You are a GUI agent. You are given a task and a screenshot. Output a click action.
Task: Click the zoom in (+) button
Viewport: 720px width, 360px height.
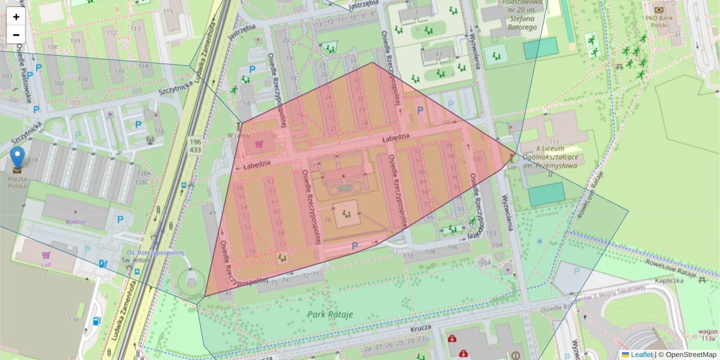[x=16, y=17]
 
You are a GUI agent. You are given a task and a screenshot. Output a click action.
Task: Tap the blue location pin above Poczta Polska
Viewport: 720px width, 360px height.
[x=18, y=157]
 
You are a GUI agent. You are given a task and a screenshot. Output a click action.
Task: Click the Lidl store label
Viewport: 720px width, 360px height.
[x=46, y=264]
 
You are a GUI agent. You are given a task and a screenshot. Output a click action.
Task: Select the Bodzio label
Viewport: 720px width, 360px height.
[x=76, y=221]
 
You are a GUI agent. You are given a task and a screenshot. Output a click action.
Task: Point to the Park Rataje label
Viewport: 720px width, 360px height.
[x=330, y=314]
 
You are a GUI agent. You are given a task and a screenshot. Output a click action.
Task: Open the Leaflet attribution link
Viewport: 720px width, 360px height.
[x=641, y=355]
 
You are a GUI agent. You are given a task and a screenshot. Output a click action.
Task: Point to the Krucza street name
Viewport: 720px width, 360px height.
[x=422, y=329]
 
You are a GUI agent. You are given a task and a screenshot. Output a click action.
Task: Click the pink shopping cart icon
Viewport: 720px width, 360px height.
[x=259, y=144]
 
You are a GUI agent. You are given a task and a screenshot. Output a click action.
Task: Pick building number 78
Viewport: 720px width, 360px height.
[x=328, y=220]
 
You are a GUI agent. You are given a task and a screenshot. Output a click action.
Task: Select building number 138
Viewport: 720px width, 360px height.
[x=73, y=320]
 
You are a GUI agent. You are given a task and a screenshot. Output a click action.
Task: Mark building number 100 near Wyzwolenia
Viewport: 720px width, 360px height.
[x=478, y=158]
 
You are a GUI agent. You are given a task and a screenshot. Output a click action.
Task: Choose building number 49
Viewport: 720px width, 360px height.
[x=212, y=213]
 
